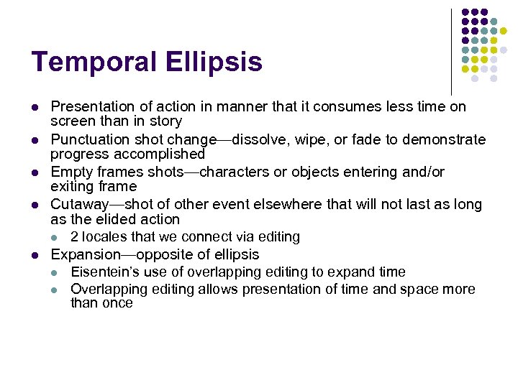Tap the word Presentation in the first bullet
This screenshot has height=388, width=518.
point(91,107)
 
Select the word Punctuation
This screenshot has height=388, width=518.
point(89,139)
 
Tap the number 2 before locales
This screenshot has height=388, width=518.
point(74,236)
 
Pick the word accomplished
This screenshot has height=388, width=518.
point(164,154)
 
